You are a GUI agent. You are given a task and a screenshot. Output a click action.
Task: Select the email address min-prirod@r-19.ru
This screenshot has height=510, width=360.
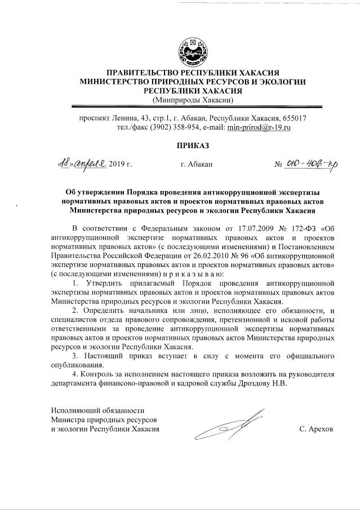click(259, 128)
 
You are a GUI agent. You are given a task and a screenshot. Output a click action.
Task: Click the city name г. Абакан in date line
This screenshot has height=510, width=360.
click(197, 165)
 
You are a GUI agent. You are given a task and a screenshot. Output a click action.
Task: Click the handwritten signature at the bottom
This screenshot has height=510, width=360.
click(231, 427)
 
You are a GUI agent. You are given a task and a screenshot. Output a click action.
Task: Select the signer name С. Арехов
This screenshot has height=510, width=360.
click(316, 429)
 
